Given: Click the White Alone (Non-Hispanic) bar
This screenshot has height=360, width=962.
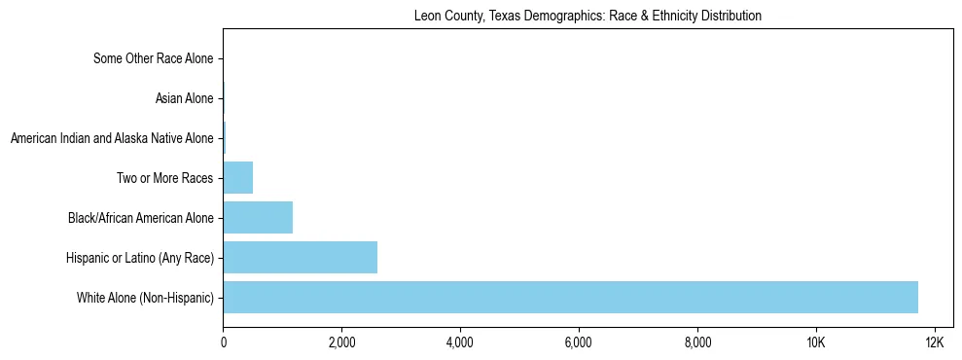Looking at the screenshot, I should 570,297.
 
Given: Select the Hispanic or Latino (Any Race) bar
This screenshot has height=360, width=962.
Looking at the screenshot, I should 300,257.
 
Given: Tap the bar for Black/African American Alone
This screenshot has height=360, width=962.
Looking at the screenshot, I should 258,217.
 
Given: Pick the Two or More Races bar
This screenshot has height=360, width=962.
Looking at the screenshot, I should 238,178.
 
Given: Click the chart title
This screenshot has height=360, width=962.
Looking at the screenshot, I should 588,17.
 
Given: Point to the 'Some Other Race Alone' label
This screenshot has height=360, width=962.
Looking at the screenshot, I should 153,58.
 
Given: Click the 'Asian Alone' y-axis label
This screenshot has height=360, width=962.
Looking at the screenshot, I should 184,98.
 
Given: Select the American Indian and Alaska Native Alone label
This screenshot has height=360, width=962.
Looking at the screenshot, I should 112,138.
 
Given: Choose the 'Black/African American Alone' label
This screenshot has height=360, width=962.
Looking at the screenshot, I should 140,218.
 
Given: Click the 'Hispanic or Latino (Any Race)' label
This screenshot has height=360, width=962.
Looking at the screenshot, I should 140,258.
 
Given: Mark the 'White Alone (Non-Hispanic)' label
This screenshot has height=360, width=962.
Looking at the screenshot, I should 145,298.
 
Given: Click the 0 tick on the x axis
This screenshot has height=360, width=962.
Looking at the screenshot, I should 223,342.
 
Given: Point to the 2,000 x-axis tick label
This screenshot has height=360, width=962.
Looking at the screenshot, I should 341,342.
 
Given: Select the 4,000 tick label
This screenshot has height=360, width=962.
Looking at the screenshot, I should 460,342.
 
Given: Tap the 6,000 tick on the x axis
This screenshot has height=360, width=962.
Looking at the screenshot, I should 579,342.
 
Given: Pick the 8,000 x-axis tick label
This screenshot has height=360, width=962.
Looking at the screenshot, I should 697,342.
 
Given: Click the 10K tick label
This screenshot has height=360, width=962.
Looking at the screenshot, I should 815,342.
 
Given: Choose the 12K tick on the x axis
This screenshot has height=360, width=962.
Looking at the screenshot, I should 934,342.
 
